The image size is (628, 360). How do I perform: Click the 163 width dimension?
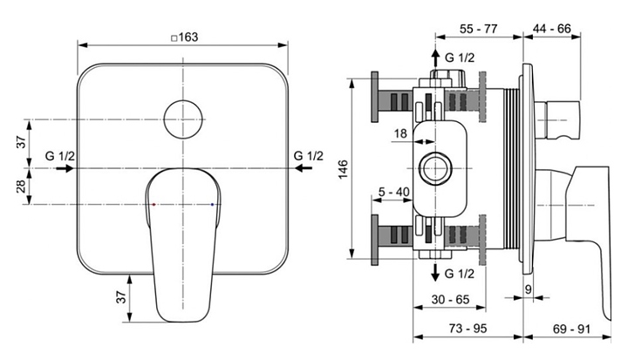(184, 37)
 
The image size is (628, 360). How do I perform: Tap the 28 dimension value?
(20, 185)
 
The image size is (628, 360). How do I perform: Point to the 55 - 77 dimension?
(478, 29)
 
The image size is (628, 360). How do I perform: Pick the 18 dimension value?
(400, 133)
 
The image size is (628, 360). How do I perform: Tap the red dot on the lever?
(153, 203)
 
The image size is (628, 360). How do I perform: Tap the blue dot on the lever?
(213, 203)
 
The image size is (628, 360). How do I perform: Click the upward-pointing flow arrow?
(434, 59)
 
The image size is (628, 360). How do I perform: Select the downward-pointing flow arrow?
(434, 273)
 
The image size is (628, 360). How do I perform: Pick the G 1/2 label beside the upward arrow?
(460, 58)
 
